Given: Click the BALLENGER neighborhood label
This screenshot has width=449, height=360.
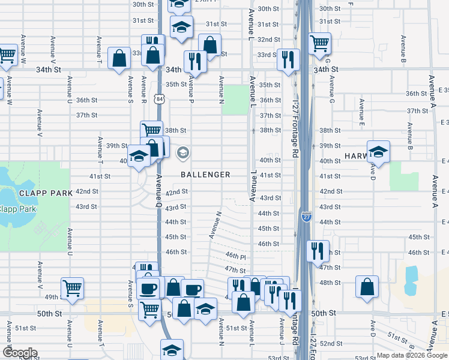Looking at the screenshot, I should [x=206, y=175].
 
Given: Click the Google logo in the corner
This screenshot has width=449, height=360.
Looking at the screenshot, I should [x=20, y=352].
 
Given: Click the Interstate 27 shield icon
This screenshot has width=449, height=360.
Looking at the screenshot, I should [x=306, y=215].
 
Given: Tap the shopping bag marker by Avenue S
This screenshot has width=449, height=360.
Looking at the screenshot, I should [x=119, y=58].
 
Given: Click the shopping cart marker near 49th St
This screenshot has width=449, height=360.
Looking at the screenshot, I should [x=72, y=287].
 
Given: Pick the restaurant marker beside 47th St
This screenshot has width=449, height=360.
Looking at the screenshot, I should [x=317, y=250].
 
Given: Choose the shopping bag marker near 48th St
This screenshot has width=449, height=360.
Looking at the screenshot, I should [x=367, y=286].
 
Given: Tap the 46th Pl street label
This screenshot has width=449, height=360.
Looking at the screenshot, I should [x=236, y=256].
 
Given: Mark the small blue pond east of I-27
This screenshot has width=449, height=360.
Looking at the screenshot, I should [x=411, y=280].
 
